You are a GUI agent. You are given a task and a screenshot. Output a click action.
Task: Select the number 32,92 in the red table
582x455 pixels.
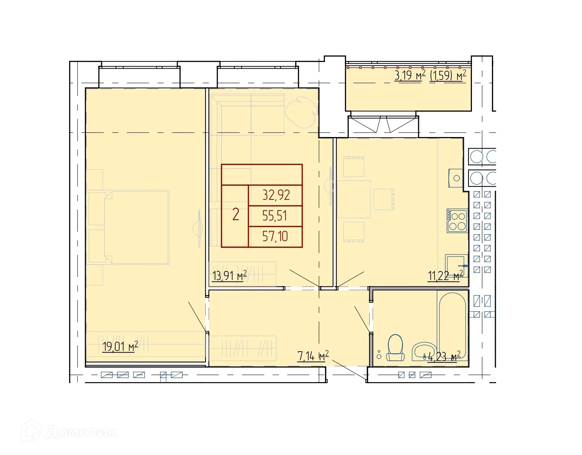coord(276,195)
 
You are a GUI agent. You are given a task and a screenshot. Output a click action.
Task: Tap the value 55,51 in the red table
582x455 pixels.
coord(275,216)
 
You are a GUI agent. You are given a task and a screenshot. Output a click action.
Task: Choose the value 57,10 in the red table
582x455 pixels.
coord(275,237)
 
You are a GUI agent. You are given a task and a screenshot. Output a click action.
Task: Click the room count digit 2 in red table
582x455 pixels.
coord(236,214)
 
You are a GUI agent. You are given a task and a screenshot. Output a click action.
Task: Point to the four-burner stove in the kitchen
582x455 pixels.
coord(457,221)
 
